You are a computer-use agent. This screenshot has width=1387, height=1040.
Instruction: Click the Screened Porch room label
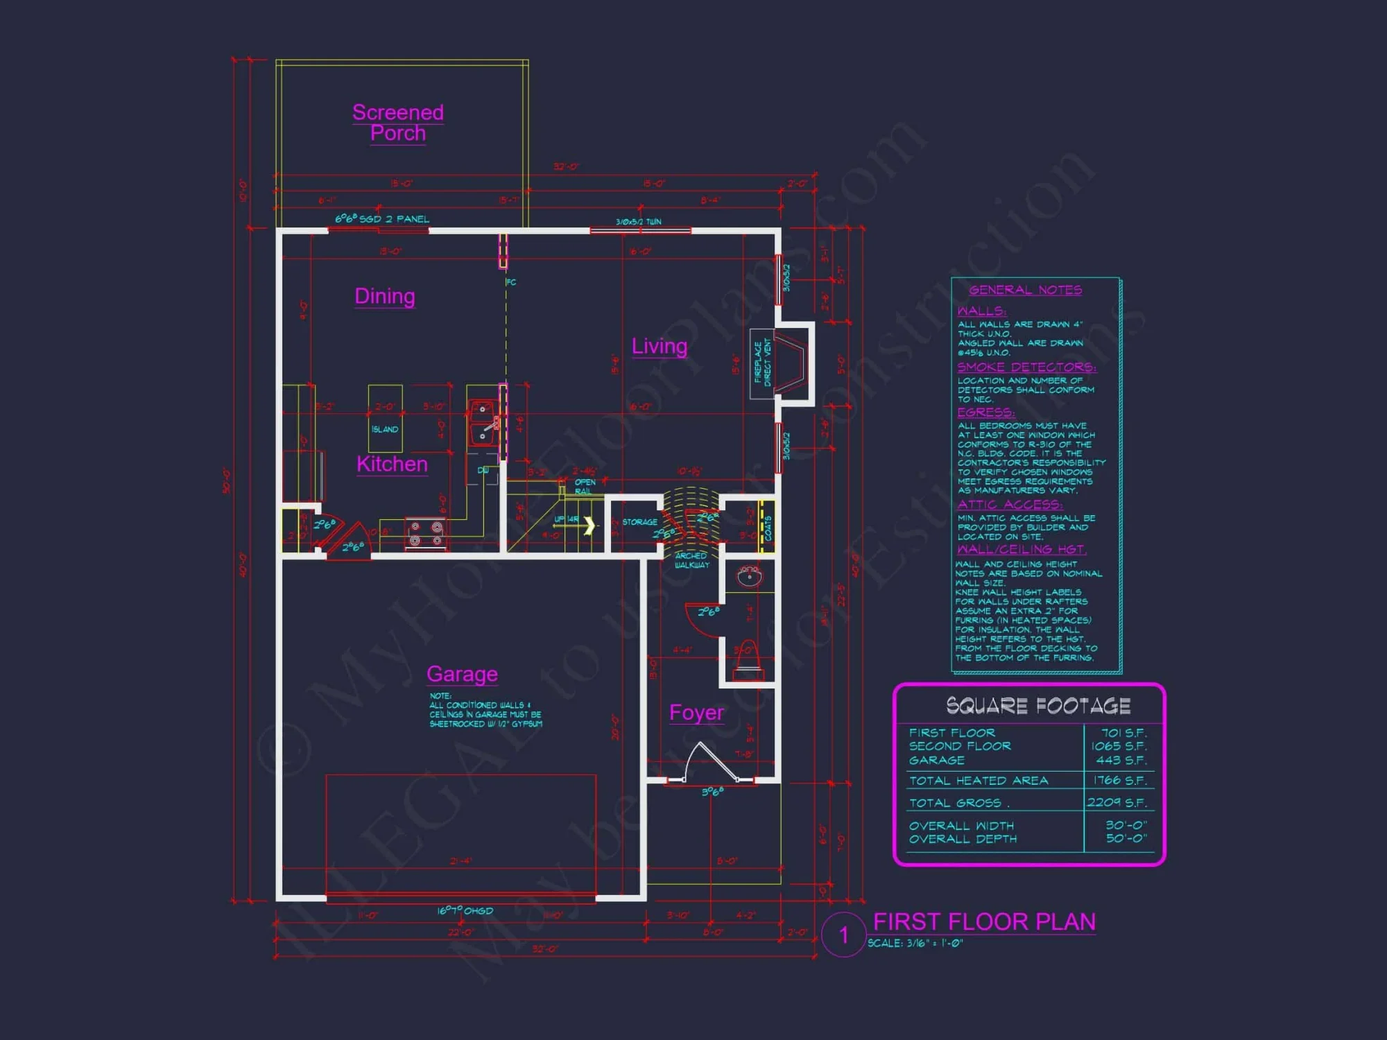397,123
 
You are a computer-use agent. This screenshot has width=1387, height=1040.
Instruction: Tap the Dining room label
385,296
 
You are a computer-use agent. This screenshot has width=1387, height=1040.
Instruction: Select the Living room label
659,346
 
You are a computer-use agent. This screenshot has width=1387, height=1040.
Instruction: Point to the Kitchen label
392,464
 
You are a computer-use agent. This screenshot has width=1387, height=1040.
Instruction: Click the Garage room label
462,674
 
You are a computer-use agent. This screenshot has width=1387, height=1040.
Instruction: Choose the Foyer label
696,713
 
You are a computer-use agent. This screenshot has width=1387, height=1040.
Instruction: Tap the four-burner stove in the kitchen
426,534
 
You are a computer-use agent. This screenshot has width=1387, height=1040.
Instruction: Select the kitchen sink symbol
483,422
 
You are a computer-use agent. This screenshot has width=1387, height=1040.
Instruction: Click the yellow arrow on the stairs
589,526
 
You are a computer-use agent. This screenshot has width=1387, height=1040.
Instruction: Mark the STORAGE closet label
639,522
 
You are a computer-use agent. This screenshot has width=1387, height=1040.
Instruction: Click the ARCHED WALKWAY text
691,560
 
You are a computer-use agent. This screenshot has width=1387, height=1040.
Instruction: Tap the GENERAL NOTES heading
1025,290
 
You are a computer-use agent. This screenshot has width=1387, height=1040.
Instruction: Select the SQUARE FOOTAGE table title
1038,706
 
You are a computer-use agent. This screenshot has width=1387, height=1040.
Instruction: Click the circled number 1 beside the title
843,935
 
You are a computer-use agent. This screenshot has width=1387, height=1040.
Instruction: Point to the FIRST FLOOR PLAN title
984,921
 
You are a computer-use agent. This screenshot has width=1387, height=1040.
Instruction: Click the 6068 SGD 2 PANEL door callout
382,219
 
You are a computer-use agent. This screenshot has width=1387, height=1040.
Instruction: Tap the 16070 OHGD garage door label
465,911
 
